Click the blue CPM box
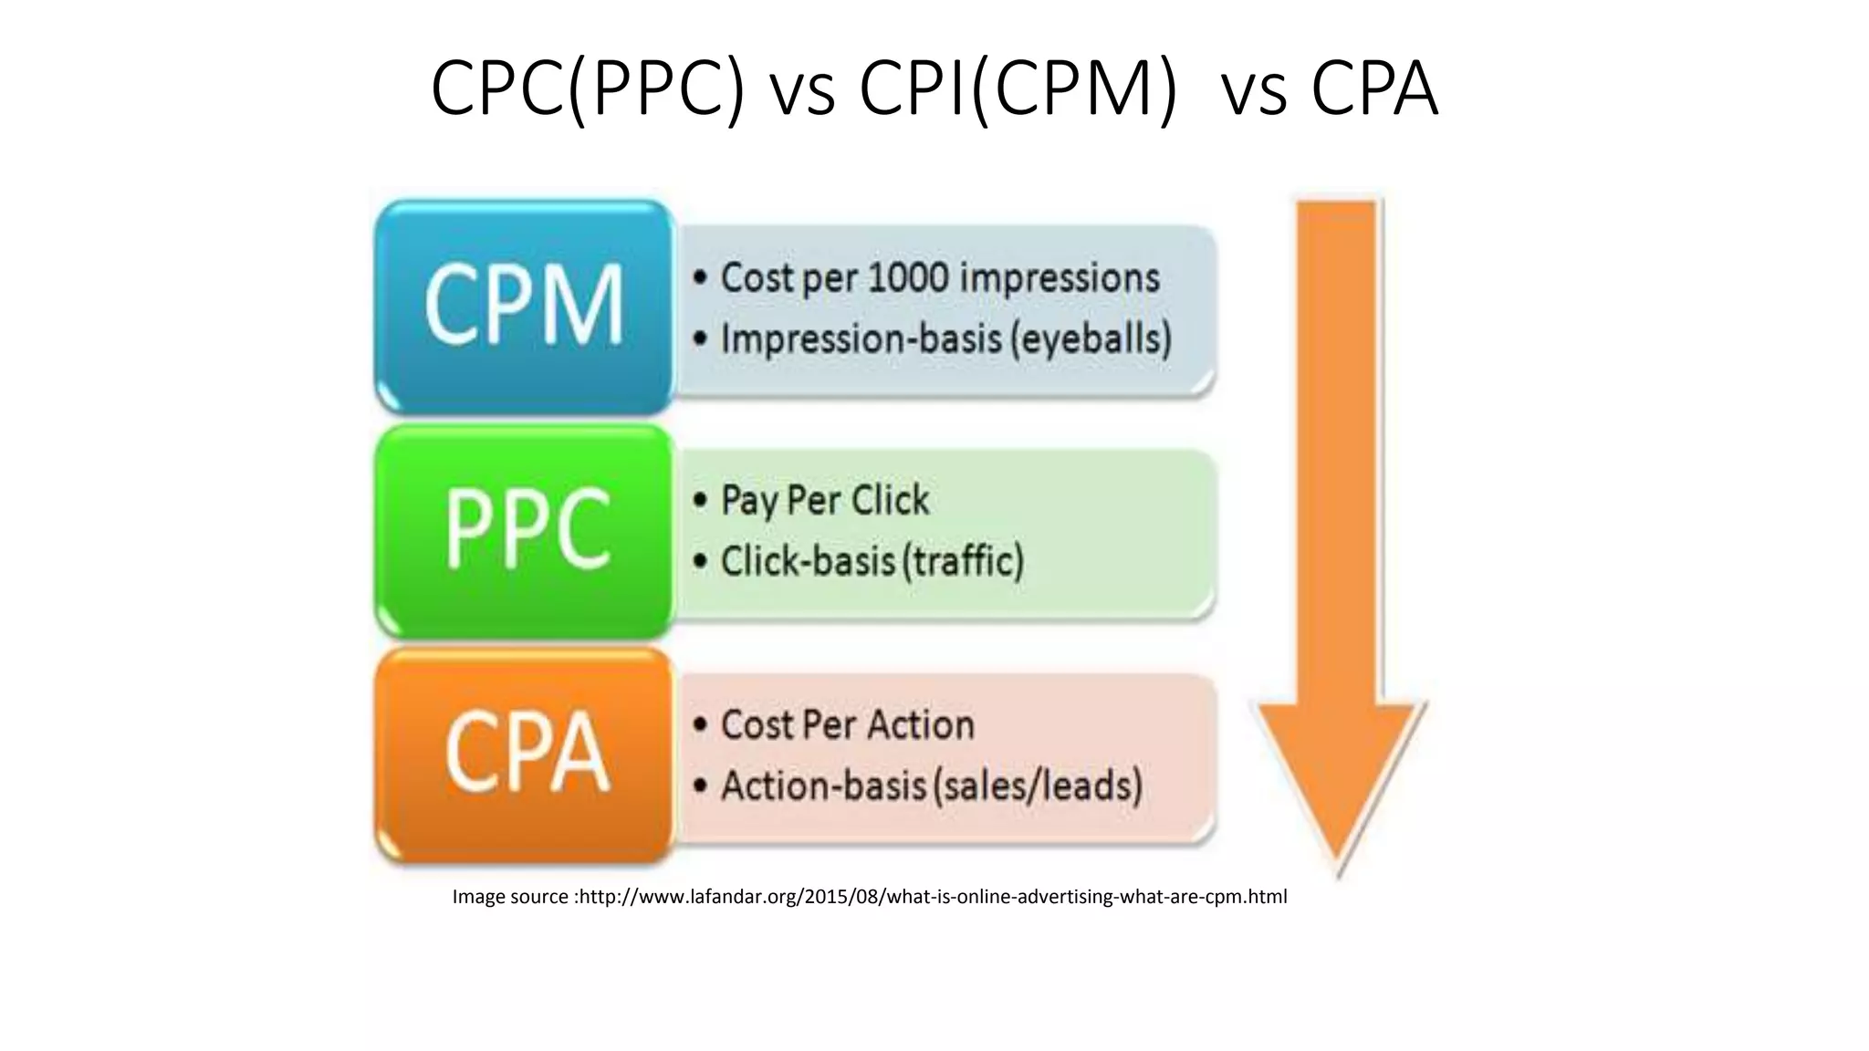[524, 306]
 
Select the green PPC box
[524, 530]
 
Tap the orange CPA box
[524, 754]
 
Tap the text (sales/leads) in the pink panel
[1037, 786]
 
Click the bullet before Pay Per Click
[700, 501]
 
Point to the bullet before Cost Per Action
[700, 725]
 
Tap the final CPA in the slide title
[1374, 88]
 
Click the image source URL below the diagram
[933, 897]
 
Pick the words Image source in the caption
[510, 897]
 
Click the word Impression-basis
[861, 339]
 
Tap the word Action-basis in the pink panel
[822, 786]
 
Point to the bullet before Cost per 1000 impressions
[700, 278]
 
